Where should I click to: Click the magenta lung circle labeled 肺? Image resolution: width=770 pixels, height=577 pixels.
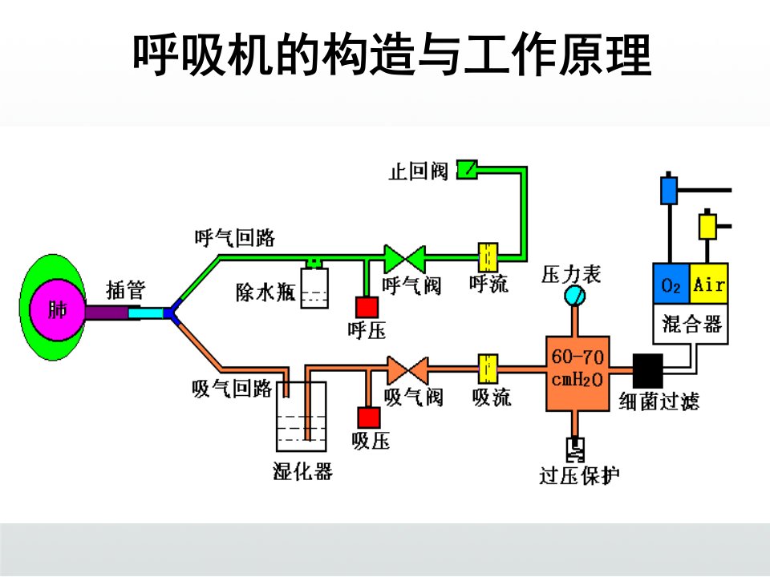58,309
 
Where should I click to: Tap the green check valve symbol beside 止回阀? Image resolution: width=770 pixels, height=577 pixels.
467,170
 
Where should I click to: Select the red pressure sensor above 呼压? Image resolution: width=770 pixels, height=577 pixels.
367,307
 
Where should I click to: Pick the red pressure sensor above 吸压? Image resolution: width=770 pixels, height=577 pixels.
369,418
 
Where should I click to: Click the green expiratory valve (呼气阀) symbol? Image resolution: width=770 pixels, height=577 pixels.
404,259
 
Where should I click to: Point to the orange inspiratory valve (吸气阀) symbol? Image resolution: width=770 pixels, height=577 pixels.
407,370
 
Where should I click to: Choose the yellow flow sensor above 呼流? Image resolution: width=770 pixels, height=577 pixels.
488,257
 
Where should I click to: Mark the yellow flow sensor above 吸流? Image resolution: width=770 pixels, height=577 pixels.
488,369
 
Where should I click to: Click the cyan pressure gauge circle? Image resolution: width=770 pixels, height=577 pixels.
574,296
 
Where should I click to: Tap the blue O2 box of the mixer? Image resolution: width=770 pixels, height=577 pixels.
671,284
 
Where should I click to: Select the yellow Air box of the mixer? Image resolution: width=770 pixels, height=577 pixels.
708,284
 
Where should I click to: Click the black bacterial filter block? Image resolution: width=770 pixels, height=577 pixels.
648,370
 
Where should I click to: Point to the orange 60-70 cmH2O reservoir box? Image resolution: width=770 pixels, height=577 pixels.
578,373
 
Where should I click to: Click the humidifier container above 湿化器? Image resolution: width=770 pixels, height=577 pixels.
301,417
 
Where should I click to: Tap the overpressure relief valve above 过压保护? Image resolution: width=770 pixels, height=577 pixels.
575,450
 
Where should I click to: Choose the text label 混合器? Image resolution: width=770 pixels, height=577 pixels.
691,324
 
